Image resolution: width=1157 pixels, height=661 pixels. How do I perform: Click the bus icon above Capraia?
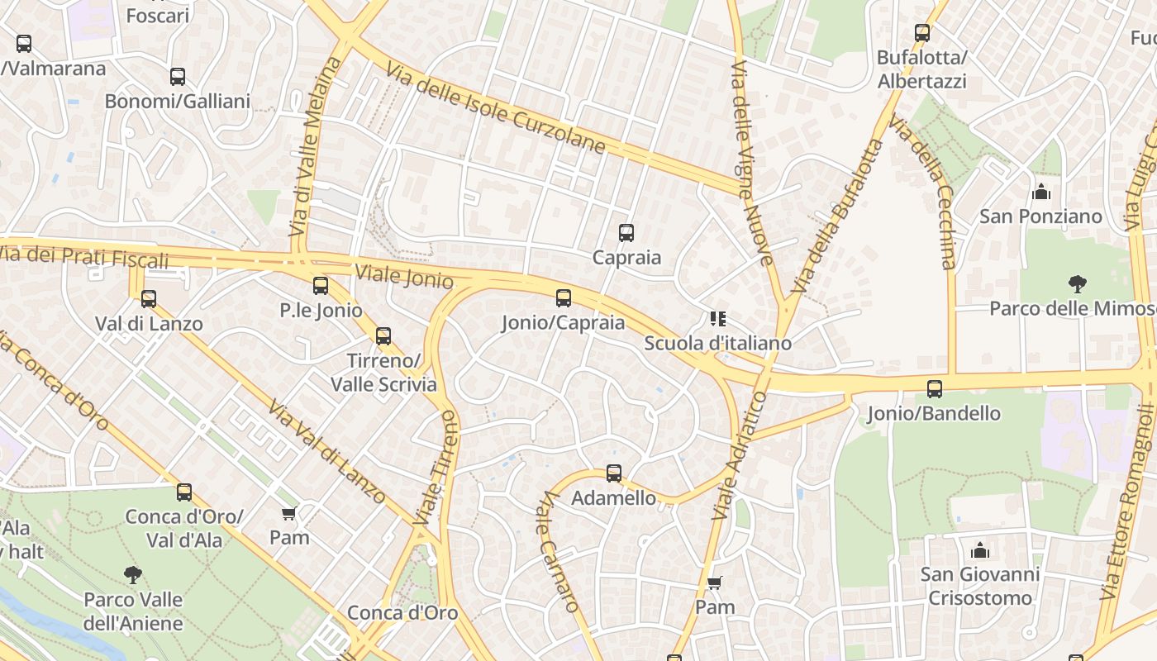coord(626,233)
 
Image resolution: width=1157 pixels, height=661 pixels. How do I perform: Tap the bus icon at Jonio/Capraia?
coord(564,298)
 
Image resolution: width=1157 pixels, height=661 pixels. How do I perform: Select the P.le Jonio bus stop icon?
coord(321,286)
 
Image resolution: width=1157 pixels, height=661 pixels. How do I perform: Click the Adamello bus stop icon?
coord(614,473)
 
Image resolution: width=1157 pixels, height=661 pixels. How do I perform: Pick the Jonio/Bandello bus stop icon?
coord(935,389)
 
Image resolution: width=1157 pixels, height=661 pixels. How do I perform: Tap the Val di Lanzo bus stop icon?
coord(149,298)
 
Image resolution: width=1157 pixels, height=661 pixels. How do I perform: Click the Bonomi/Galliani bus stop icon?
coord(178,77)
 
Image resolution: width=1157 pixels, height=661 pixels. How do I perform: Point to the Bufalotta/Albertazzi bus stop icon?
coord(922,34)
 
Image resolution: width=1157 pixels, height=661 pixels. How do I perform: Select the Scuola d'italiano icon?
coord(717,319)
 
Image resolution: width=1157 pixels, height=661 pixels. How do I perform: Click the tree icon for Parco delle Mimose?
coord(1077,284)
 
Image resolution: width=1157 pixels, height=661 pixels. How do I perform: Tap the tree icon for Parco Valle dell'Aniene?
coord(133,574)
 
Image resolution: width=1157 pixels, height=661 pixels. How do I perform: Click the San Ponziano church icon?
coord(1041,193)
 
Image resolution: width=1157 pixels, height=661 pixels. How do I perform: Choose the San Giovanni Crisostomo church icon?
coord(980,549)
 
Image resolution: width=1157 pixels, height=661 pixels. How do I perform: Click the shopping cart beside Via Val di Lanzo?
coord(289,514)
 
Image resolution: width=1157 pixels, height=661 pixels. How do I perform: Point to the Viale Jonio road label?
coord(404,276)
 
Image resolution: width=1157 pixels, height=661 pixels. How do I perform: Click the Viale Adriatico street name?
coord(740,455)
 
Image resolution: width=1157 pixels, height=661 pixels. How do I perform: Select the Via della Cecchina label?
coord(924,192)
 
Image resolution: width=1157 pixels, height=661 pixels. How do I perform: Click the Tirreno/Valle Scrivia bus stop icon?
coord(383,336)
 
